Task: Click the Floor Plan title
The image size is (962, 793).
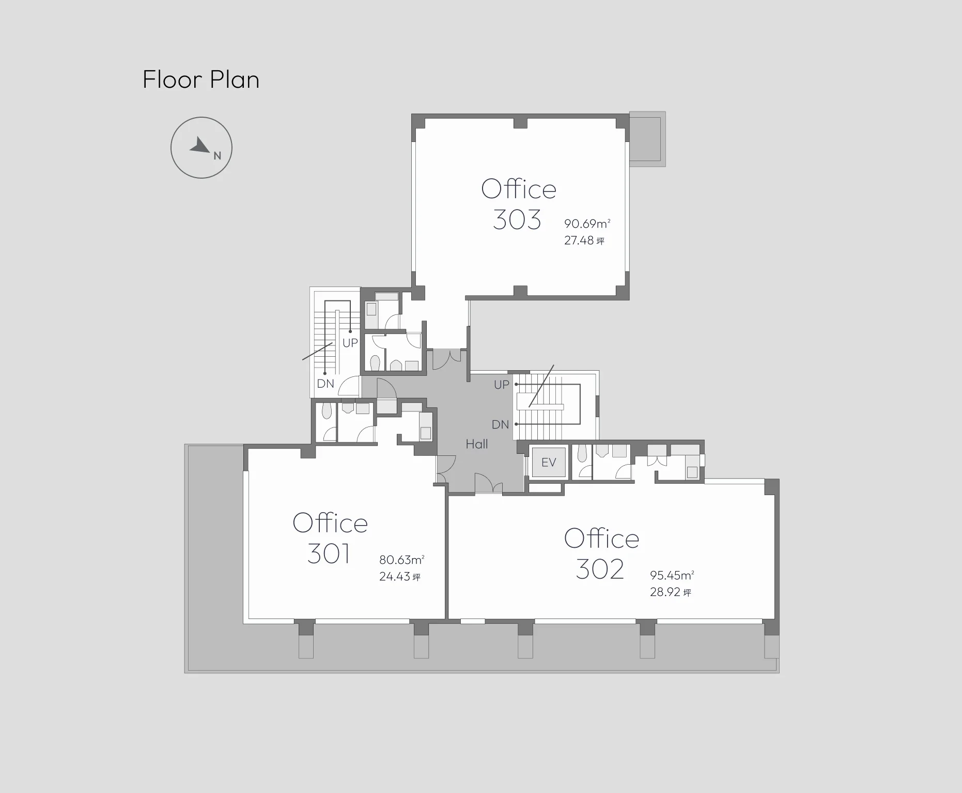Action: click(x=201, y=80)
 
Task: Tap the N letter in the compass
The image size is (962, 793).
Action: click(x=218, y=155)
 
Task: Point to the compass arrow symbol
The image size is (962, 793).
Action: click(x=199, y=145)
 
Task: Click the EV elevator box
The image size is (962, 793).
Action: click(x=548, y=462)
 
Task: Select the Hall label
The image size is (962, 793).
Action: click(x=476, y=444)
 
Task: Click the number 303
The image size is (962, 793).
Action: click(x=517, y=220)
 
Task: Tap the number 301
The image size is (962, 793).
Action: click(x=329, y=554)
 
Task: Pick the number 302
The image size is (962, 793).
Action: click(x=600, y=569)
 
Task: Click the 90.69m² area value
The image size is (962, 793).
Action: click(x=587, y=224)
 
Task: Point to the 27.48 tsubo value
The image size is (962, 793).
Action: click(x=584, y=241)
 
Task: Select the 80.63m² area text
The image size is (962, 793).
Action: click(x=402, y=560)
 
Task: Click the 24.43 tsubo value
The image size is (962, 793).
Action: click(x=400, y=577)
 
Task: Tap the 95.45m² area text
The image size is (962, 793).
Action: click(x=672, y=575)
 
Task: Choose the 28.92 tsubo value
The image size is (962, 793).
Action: click(x=671, y=592)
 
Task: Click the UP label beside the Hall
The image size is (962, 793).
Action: click(x=502, y=385)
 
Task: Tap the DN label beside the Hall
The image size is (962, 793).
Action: click(x=500, y=425)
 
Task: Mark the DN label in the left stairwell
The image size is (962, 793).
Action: click(x=325, y=384)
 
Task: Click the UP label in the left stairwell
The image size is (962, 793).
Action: click(x=350, y=343)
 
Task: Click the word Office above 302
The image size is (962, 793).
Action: click(x=602, y=538)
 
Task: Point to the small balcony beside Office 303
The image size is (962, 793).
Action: click(x=647, y=139)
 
